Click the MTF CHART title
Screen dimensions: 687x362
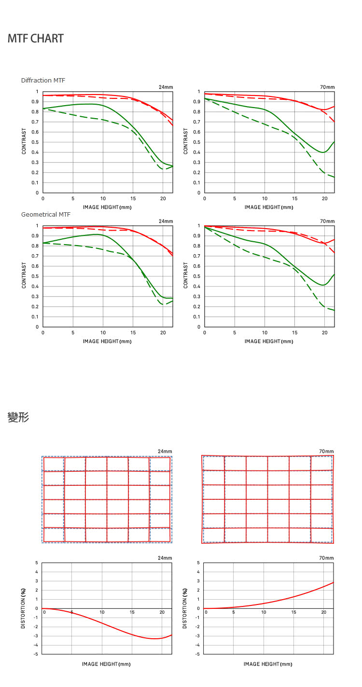tap(36, 39)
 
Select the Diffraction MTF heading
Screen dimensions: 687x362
tap(43, 80)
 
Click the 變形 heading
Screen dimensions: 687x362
tap(18, 418)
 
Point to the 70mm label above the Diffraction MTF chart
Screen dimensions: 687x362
tap(327, 87)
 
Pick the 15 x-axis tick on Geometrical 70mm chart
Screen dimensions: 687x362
tap(294, 333)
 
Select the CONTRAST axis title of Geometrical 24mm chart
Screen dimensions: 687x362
tap(24, 275)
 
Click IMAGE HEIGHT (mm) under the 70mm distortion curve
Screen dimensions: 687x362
tap(268, 664)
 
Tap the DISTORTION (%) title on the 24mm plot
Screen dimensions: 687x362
tap(23, 608)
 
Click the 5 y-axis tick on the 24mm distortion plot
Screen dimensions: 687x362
tap(36, 563)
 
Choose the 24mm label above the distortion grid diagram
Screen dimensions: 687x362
tap(165, 452)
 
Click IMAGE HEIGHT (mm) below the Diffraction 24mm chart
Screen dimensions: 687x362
tap(107, 207)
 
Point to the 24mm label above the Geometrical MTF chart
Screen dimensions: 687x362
tap(166, 221)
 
